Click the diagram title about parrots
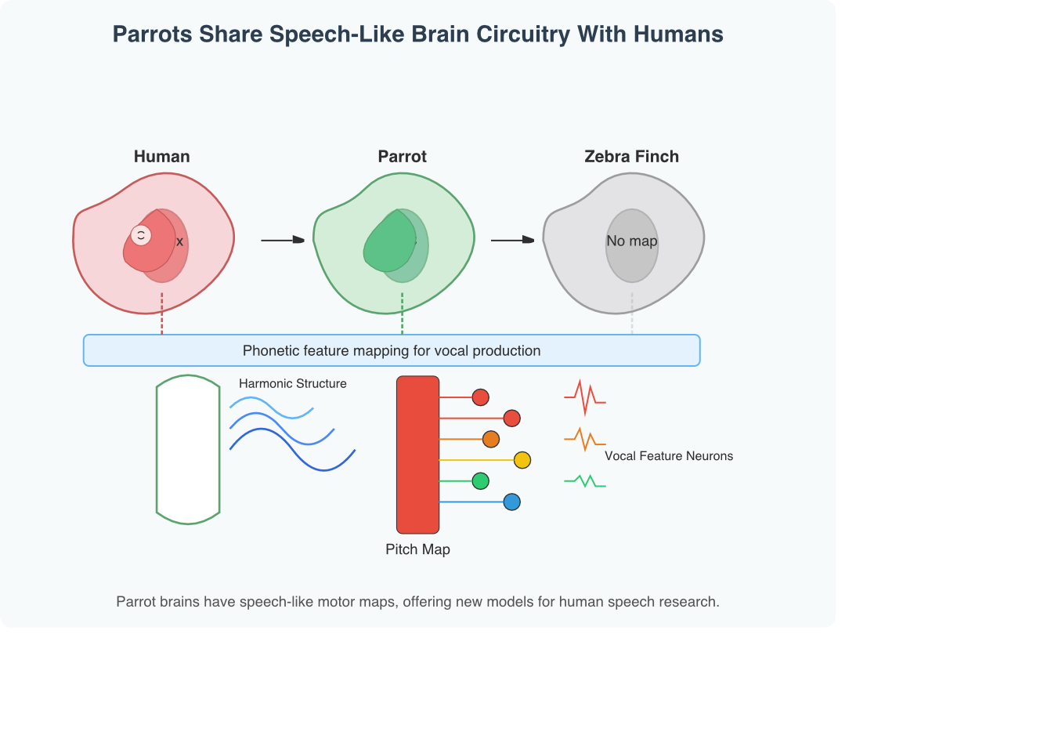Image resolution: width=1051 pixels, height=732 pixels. [417, 34]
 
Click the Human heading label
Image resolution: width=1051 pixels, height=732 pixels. [161, 157]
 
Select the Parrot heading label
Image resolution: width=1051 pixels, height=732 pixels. [402, 157]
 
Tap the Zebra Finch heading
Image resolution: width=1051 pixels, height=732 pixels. [631, 157]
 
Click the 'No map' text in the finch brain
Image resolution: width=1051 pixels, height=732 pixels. [631, 241]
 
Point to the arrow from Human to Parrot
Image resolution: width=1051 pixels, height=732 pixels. [282, 240]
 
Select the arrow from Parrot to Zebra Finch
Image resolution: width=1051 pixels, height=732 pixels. [512, 240]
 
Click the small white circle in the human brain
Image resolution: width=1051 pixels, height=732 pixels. [141, 235]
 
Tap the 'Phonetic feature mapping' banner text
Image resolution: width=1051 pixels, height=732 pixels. [392, 351]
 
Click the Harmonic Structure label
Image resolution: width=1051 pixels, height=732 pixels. [292, 384]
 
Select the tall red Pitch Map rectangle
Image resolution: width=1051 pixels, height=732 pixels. [417, 455]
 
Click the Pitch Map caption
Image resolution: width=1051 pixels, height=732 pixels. [417, 549]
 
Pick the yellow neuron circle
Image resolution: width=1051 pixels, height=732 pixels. [522, 460]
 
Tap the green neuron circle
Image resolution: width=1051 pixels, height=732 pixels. [481, 480]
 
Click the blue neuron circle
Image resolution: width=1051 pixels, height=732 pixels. [512, 502]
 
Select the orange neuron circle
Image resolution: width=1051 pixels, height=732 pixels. [491, 439]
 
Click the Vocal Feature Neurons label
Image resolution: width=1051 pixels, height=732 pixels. [669, 456]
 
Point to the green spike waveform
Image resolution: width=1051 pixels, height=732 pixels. [584, 481]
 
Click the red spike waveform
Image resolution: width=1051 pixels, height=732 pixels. [584, 397]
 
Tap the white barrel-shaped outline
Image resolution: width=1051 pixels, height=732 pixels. [188, 449]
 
